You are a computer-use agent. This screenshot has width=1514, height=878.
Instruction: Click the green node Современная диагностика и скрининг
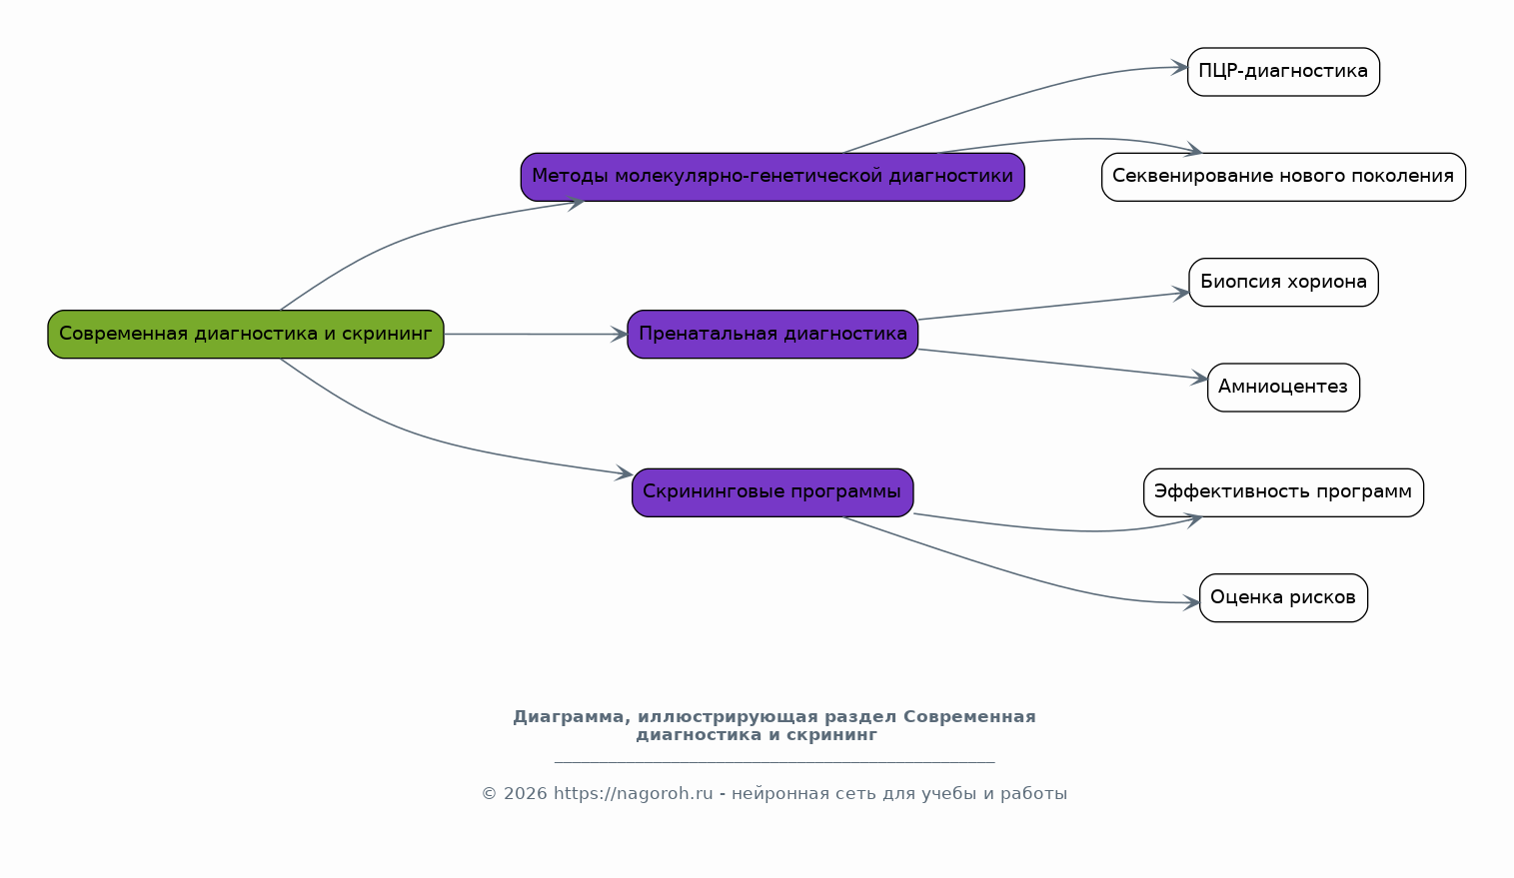pos(246,335)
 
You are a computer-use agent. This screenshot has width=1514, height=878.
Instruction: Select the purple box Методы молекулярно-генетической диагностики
pos(772,177)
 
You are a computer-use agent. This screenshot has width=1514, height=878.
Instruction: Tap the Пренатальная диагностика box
pos(772,335)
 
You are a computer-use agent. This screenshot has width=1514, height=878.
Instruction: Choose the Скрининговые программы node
pos(772,492)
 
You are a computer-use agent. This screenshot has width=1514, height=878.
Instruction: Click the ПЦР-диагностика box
pos(1283,72)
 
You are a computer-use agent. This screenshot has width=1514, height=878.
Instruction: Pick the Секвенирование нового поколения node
pos(1283,177)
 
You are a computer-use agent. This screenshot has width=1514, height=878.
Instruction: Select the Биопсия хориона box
pos(1283,283)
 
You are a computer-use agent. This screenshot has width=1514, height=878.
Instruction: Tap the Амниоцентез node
pos(1283,387)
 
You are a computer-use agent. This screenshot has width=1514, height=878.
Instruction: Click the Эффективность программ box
pos(1283,492)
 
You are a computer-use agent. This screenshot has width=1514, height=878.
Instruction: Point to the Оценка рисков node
pos(1283,597)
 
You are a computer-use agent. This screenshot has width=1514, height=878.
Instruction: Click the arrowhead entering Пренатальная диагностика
pos(620,335)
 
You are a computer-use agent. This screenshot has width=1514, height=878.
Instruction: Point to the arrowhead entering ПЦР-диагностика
pos(1180,68)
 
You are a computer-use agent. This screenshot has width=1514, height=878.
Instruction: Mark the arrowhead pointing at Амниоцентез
pos(1200,378)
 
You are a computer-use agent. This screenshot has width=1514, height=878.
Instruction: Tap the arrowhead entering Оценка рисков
pos(1191,602)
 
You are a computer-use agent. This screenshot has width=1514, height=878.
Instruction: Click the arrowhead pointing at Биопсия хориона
pos(1181,293)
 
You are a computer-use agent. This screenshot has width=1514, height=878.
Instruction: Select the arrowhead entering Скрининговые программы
pos(625,473)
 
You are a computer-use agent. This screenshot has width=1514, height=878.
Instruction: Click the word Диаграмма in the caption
pos(572,717)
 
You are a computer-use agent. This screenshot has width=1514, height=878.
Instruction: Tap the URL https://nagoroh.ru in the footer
pos(634,793)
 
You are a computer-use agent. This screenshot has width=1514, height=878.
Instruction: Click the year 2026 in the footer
pos(526,793)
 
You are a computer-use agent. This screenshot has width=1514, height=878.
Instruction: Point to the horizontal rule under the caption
pos(774,762)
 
